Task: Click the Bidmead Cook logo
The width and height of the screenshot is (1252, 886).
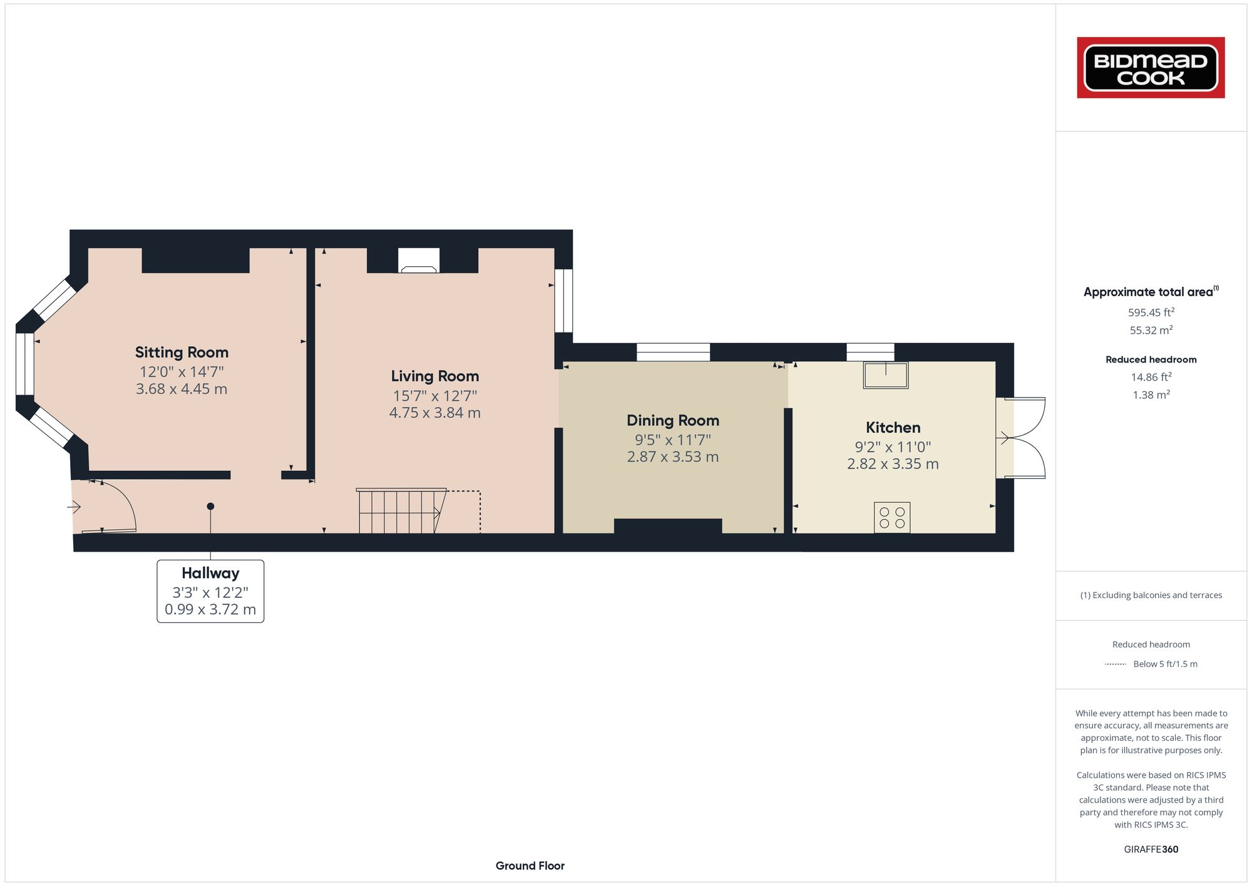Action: (1151, 68)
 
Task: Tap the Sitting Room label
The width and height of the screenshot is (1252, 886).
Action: (182, 353)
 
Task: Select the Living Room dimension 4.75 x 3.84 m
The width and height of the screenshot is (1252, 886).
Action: (434, 413)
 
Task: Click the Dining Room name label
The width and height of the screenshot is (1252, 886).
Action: (673, 421)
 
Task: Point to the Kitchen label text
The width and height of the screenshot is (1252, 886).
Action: (893, 428)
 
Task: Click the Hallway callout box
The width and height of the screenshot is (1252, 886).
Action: (210, 591)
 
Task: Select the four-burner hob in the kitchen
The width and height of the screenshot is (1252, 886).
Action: (892, 518)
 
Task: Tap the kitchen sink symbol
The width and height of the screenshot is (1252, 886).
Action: (886, 375)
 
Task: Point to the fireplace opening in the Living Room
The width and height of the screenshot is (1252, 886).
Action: (419, 260)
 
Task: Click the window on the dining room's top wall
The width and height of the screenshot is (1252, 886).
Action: (673, 352)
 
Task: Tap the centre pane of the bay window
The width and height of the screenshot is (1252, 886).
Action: (24, 364)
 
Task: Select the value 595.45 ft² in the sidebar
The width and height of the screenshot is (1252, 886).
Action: (1151, 312)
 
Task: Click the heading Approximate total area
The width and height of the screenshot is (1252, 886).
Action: (1149, 292)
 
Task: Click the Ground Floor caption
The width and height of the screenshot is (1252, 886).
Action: (530, 866)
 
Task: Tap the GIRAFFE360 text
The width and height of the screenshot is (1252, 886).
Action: (1151, 850)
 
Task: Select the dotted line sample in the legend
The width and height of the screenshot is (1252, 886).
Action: (1116, 664)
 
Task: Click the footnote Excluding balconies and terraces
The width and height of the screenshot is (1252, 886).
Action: (1151, 595)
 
